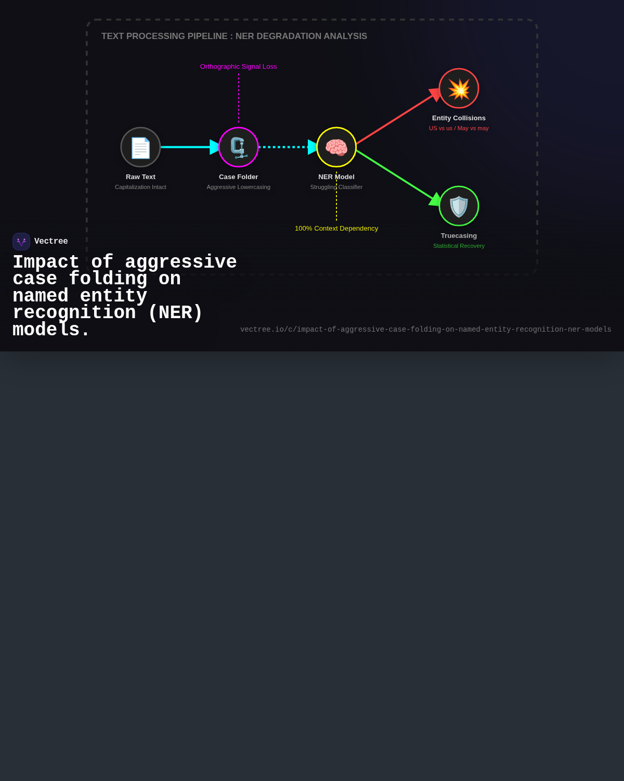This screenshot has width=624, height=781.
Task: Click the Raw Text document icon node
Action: tap(140, 147)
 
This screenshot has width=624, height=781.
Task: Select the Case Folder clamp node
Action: tap(238, 147)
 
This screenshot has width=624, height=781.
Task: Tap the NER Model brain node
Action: tap(336, 147)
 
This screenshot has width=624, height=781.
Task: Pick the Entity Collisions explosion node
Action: tap(459, 88)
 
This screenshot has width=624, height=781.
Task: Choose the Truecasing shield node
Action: tap(459, 206)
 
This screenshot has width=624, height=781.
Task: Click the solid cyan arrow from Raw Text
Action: tap(190, 147)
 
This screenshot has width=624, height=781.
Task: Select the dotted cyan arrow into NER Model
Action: tap(288, 147)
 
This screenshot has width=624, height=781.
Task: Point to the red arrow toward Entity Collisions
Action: tap(398, 117)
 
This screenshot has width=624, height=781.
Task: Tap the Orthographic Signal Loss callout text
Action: tap(238, 67)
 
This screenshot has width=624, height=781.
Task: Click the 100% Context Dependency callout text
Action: tap(336, 228)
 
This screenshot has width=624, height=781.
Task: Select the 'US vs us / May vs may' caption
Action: tap(459, 128)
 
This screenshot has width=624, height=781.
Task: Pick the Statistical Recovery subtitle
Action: tap(459, 246)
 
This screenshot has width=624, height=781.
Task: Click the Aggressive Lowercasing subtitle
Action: tap(238, 187)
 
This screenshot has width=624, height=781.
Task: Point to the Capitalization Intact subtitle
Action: tap(140, 187)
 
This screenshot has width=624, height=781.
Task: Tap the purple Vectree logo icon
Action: tap(21, 242)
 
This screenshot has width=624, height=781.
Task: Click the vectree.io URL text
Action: tap(425, 329)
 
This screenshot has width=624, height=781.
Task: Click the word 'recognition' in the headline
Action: tap(74, 313)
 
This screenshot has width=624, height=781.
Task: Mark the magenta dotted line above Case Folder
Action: tap(238, 98)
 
